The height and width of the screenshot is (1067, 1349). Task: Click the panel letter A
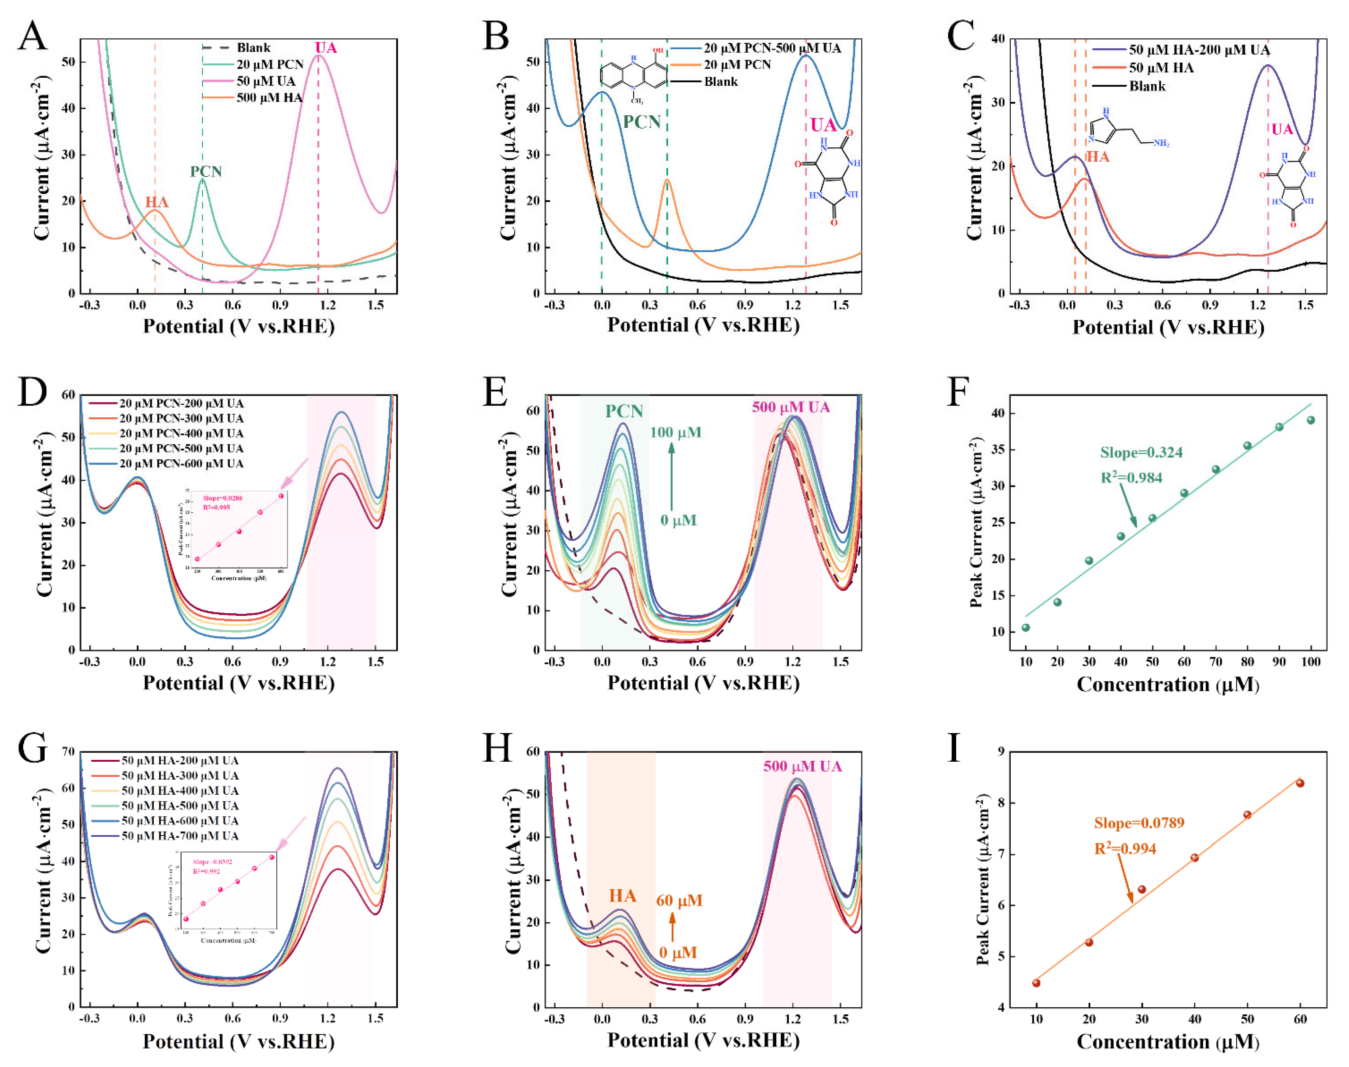tap(32, 36)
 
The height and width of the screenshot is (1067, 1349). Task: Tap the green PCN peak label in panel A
tap(206, 172)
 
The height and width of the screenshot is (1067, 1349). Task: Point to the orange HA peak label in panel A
tap(157, 202)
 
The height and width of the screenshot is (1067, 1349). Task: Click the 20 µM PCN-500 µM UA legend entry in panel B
tap(772, 48)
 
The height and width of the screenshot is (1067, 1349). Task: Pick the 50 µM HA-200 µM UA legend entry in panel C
tap(1198, 50)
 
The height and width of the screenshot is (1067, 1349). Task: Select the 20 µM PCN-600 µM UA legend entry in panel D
tap(181, 464)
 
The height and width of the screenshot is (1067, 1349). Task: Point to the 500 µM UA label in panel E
tap(790, 407)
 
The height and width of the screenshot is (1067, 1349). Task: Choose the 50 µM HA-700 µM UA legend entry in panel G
tap(180, 836)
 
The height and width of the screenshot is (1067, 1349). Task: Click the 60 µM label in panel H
tap(679, 900)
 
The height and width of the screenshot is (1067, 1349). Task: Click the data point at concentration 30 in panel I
tap(1142, 889)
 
